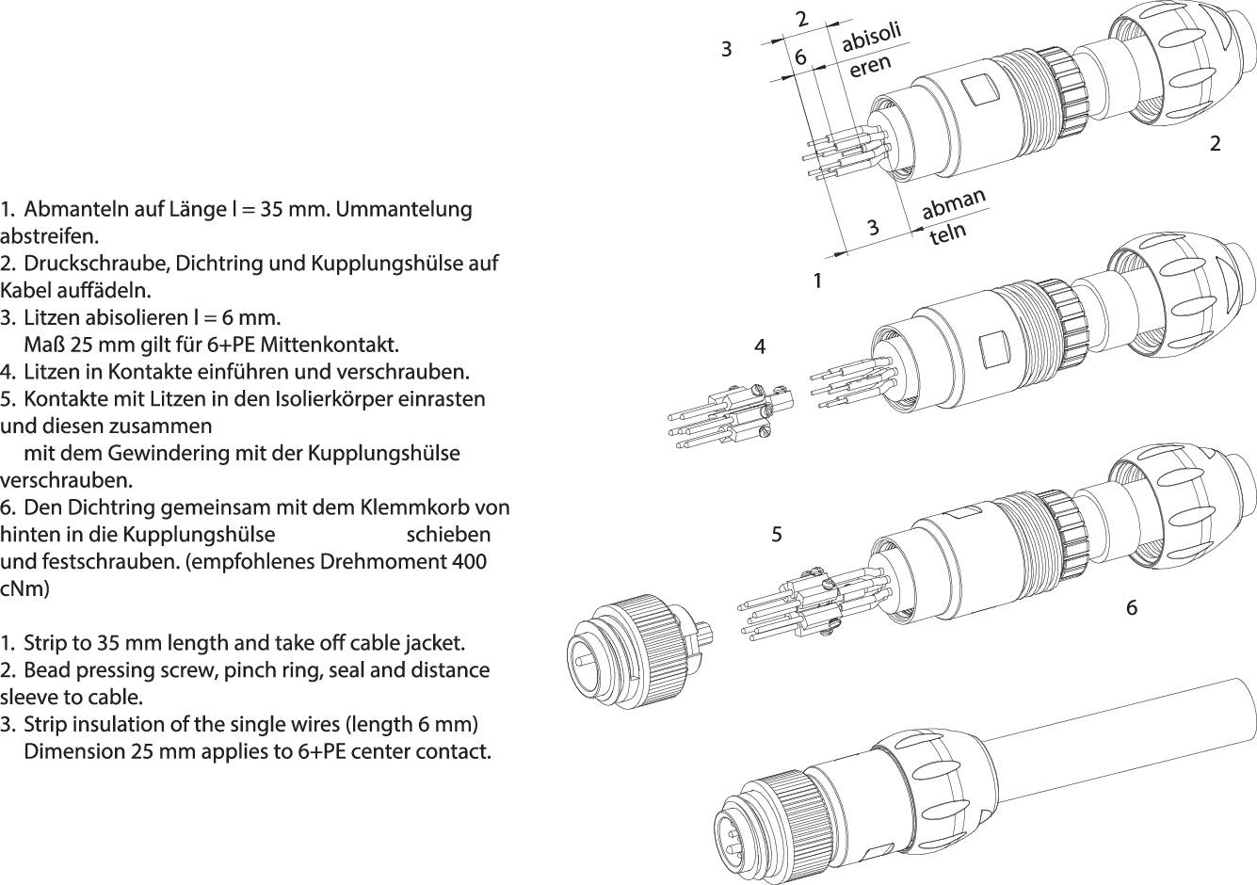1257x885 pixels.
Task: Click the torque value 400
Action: coord(468,562)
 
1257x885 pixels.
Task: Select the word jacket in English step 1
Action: coord(436,643)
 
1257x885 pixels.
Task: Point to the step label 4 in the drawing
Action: coord(760,346)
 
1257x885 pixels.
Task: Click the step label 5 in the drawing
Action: coord(777,534)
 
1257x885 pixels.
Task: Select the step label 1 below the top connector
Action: coord(817,281)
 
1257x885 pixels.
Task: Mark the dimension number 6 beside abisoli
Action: coord(800,57)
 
